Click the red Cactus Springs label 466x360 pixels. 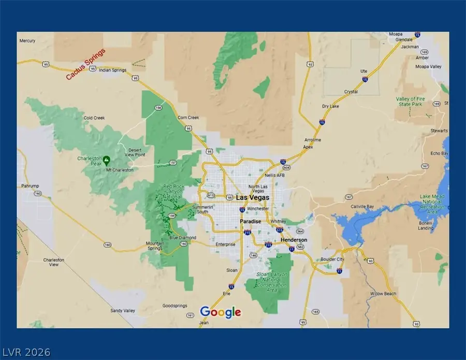click(85, 64)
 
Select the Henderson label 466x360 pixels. click(294, 240)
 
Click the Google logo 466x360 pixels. click(221, 312)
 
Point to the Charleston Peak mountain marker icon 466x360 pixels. click(106, 160)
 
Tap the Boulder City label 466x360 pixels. click(333, 259)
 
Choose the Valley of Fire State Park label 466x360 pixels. click(410, 102)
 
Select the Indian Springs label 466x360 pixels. click(112, 70)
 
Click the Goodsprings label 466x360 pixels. click(173, 306)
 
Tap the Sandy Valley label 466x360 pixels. click(122, 311)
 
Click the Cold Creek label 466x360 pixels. click(95, 118)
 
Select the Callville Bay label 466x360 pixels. click(363, 206)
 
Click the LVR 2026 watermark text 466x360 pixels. click(25, 352)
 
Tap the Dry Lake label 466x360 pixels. click(330, 106)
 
